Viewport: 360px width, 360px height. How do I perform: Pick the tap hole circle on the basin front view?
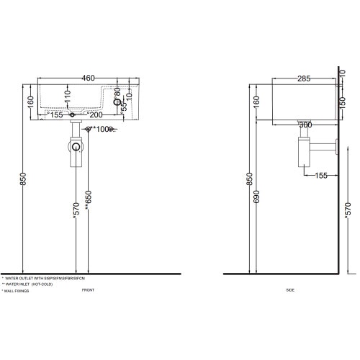pyautogui.click(x=119, y=102)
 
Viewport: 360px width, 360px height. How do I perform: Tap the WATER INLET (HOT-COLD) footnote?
pyautogui.click(x=27, y=284)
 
